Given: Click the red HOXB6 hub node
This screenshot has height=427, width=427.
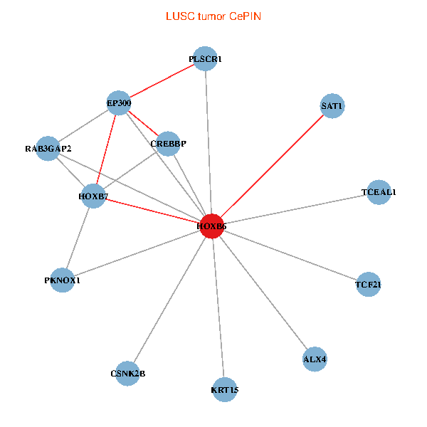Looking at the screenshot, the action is pyautogui.click(x=212, y=226).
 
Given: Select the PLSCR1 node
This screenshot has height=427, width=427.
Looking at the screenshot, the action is pyautogui.click(x=206, y=60).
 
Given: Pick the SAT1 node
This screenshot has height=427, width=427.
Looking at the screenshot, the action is pyautogui.click(x=332, y=107).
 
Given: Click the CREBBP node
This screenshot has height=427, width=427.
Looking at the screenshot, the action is pyautogui.click(x=168, y=144).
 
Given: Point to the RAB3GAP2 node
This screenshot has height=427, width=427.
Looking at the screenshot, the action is pyautogui.click(x=48, y=149).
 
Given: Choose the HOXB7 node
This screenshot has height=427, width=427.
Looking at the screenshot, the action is pyautogui.click(x=93, y=196).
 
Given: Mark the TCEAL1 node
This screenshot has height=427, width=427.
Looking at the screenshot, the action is pyautogui.click(x=379, y=192).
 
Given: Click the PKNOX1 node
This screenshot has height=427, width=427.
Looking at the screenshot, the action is pyautogui.click(x=63, y=280).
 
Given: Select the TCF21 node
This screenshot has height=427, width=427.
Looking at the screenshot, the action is pyautogui.click(x=368, y=285).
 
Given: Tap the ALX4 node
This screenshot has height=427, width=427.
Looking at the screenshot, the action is pyautogui.click(x=315, y=359).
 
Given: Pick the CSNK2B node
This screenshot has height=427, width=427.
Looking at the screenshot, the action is pyautogui.click(x=128, y=374).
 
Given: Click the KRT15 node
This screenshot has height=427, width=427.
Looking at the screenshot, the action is pyautogui.click(x=225, y=389).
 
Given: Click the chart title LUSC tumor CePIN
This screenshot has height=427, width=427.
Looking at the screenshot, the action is pyautogui.click(x=213, y=16).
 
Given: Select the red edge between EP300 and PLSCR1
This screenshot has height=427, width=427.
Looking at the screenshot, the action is pyautogui.click(x=162, y=82).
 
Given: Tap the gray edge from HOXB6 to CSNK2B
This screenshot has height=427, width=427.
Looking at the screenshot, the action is pyautogui.click(x=170, y=300).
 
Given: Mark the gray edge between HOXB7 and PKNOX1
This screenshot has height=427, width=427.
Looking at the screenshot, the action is pyautogui.click(x=78, y=238).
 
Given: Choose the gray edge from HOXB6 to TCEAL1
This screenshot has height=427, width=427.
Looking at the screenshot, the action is pyautogui.click(x=295, y=209).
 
